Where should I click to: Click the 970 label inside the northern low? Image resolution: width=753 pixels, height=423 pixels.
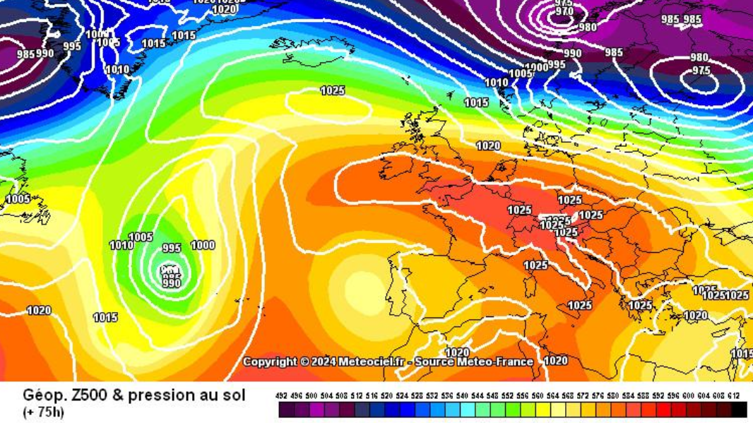pyautogui.click(x=564, y=11)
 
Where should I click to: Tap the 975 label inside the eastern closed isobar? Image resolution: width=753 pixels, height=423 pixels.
pyautogui.click(x=701, y=71)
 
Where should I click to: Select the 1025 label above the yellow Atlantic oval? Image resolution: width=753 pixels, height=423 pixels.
pyautogui.click(x=333, y=90)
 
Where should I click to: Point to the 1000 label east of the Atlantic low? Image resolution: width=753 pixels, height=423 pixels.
pyautogui.click(x=203, y=245)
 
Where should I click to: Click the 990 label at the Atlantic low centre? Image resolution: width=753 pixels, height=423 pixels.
pyautogui.click(x=172, y=283)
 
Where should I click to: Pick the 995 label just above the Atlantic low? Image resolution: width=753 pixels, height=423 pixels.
pyautogui.click(x=172, y=248)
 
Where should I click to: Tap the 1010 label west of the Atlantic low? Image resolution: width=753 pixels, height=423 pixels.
pyautogui.click(x=121, y=245)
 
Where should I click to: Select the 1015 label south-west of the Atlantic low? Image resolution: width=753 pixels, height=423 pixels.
pyautogui.click(x=105, y=318)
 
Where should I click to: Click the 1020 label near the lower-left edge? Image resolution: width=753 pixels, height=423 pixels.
pyautogui.click(x=39, y=310)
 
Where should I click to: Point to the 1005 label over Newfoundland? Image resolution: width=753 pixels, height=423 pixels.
pyautogui.click(x=18, y=199)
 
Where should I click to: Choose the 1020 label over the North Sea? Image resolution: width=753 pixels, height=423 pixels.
pyautogui.click(x=488, y=146)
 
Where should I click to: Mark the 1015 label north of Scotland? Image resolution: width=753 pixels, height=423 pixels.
pyautogui.click(x=476, y=103)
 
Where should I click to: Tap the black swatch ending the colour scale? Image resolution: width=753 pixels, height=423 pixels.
pyautogui.click(x=739, y=410)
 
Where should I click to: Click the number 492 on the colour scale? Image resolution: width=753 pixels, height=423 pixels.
pyautogui.click(x=281, y=396)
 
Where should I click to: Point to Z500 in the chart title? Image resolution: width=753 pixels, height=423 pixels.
pyautogui.click(x=83, y=395)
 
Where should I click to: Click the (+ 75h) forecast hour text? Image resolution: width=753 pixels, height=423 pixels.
pyautogui.click(x=43, y=412)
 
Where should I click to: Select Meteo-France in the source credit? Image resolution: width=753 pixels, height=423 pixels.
pyautogui.click(x=494, y=362)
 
